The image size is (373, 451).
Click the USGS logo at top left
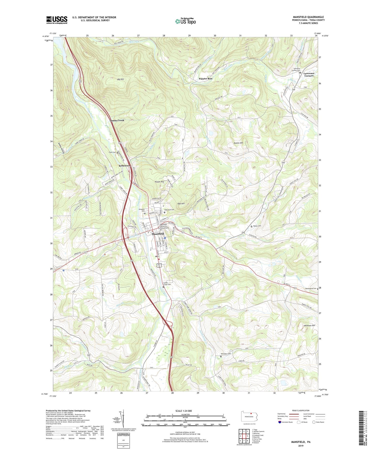coord(57,20)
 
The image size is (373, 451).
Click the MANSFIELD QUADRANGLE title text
coord(308,17)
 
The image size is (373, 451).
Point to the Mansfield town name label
coord(158,234)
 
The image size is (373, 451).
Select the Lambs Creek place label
coord(117,120)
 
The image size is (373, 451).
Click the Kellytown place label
coord(124,166)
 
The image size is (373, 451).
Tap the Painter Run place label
coord(205,79)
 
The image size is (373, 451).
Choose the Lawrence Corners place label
coord(309,74)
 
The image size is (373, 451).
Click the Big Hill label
coord(122,80)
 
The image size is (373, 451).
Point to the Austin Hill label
coord(238,143)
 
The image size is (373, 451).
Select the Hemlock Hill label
coord(309,325)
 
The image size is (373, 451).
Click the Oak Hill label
coord(181,204)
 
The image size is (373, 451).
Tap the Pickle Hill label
coord(159,182)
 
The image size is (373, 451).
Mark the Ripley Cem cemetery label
coord(257,226)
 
